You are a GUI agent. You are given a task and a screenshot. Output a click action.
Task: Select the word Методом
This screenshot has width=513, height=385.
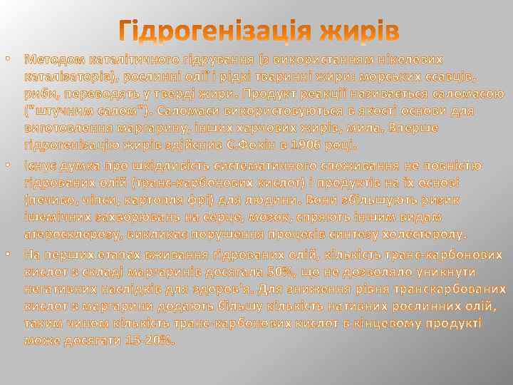51,58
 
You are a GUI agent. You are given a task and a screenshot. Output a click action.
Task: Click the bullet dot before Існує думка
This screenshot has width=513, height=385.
8,166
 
